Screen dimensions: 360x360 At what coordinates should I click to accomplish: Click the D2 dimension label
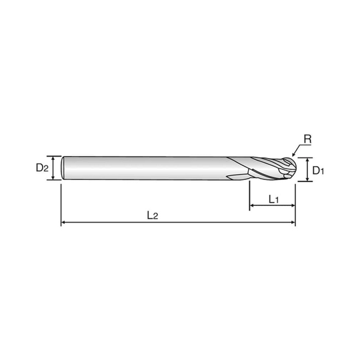(42, 168)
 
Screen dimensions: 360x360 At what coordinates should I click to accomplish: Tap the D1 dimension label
(318, 171)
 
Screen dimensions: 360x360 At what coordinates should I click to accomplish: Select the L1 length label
(274, 199)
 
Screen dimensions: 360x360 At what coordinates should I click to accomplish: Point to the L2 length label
(153, 215)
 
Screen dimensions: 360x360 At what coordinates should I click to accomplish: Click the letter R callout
(307, 139)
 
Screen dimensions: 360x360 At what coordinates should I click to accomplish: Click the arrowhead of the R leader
(293, 155)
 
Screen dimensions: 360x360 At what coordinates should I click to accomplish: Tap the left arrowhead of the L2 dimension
(63, 222)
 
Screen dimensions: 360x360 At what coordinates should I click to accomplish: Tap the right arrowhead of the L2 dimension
(293, 222)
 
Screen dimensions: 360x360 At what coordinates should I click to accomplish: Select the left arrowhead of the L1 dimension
(251, 205)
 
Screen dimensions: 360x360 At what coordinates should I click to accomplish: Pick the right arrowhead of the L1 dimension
(293, 205)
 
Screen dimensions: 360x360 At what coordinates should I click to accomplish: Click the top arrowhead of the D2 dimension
(53, 158)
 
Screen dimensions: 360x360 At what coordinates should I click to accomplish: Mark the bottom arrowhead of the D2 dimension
(53, 178)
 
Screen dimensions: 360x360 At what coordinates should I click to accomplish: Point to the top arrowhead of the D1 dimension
(307, 160)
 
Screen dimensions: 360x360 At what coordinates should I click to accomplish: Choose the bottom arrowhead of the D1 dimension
(307, 179)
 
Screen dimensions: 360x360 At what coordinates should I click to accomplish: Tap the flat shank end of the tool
(63, 168)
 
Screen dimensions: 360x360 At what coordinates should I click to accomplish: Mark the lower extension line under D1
(305, 181)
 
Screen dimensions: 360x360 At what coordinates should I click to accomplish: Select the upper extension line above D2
(54, 156)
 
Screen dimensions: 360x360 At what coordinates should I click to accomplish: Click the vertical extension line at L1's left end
(249, 195)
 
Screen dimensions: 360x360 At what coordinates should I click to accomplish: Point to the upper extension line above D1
(305, 158)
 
